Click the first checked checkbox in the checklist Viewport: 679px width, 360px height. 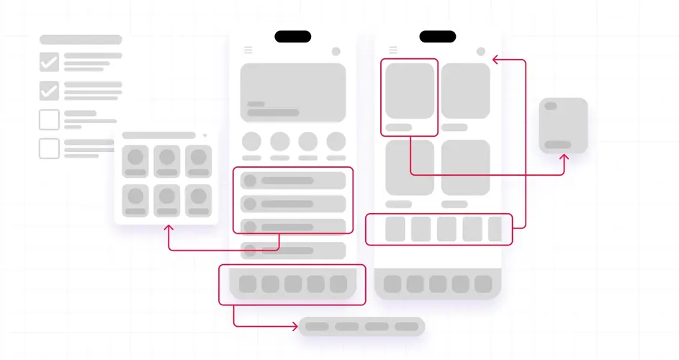tap(49, 62)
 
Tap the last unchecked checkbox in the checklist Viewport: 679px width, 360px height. tap(49, 148)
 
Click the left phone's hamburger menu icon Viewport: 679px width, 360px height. tap(248, 50)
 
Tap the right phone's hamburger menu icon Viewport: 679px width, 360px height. tap(393, 50)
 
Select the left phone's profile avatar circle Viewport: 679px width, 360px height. tap(336, 51)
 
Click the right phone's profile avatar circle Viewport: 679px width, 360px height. tap(480, 51)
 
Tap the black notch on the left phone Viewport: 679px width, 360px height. tap(293, 37)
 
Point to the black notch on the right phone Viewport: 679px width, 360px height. tap(438, 37)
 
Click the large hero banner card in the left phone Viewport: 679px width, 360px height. tap(293, 92)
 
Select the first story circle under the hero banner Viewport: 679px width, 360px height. tap(251, 141)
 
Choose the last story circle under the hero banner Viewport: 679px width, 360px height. tap(336, 141)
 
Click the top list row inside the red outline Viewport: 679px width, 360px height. tap(293, 181)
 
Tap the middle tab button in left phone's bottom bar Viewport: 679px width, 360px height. tap(293, 284)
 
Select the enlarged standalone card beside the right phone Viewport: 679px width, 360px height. tap(563, 125)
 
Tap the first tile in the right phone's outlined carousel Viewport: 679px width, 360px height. tap(395, 229)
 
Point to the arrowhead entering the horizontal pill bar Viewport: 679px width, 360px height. tap(294, 326)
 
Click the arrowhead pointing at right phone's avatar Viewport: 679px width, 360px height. tap(496, 61)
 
